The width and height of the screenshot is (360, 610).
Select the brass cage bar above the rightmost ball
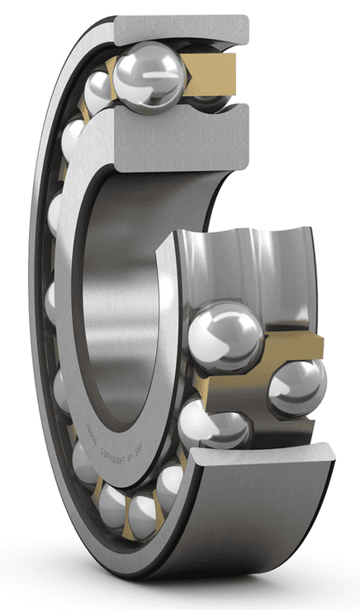tap(290, 346)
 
